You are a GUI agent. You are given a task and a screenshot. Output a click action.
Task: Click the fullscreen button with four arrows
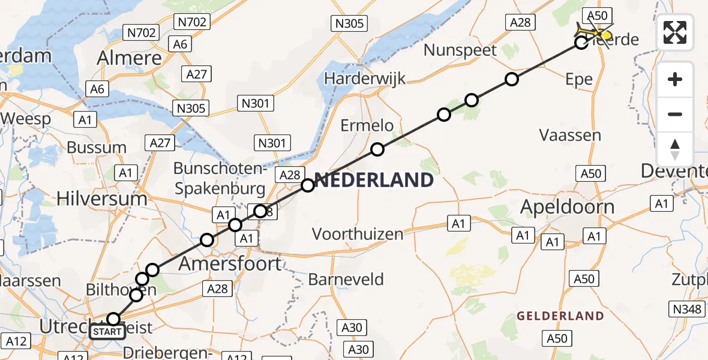(x=675, y=32)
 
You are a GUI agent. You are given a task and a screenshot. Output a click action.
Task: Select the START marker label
(x=107, y=331)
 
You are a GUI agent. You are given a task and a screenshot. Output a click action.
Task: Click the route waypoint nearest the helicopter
(x=581, y=43)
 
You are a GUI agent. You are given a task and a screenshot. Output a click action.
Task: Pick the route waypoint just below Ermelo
(x=377, y=149)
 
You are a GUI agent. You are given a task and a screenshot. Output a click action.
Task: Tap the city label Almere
(x=131, y=58)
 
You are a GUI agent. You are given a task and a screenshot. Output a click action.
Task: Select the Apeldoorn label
(x=567, y=207)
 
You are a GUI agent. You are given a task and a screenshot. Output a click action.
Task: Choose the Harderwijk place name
(x=364, y=79)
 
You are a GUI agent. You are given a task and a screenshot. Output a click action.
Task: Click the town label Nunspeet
(x=460, y=50)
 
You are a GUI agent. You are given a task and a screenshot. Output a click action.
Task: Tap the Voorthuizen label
(x=357, y=233)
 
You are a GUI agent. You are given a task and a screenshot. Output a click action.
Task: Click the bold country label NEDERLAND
(x=374, y=180)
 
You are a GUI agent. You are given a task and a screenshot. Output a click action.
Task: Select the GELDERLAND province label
(x=560, y=316)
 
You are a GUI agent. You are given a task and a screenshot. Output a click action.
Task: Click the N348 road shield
(x=686, y=310)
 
